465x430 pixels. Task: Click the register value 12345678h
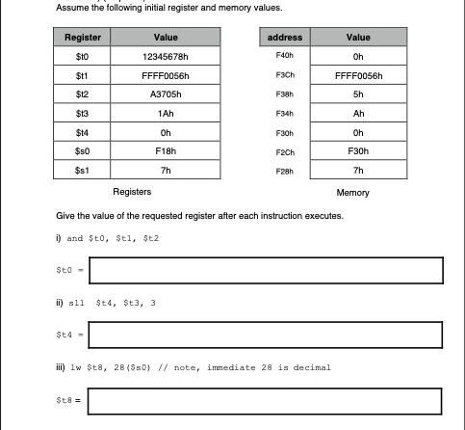pos(165,56)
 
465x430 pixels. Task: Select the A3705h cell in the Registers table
pos(165,94)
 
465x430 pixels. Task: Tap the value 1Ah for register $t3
pos(165,114)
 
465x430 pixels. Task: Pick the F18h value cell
pos(165,151)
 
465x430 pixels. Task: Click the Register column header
pos(82,38)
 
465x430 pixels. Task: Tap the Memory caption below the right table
pos(352,193)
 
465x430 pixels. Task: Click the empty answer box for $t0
pos(265,271)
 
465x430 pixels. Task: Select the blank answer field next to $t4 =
pos(265,336)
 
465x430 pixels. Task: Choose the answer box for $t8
pos(265,400)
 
